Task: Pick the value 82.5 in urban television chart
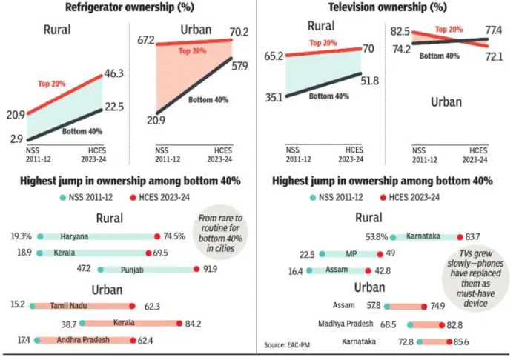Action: click(x=401, y=31)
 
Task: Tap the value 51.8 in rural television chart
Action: click(x=374, y=79)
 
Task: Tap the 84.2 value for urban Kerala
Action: click(x=195, y=323)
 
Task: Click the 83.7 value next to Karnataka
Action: click(x=472, y=236)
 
